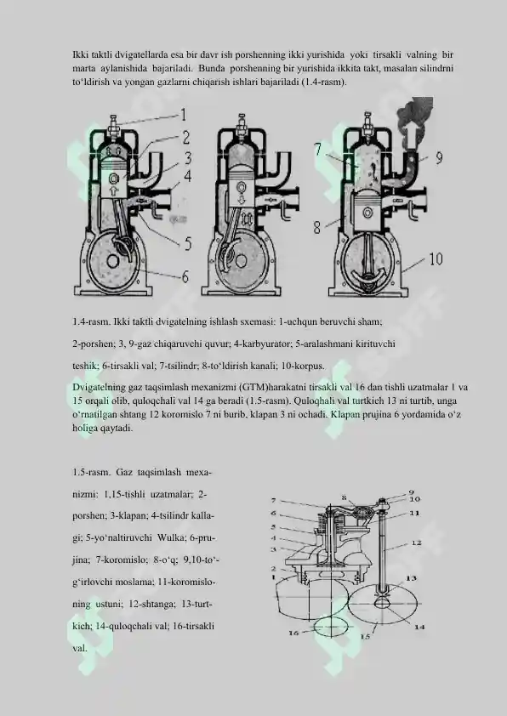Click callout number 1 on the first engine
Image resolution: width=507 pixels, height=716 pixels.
[x=183, y=115]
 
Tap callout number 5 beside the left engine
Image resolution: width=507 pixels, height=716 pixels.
[x=188, y=243]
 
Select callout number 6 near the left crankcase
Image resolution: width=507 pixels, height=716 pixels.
[x=185, y=276]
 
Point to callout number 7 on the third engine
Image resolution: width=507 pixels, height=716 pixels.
[x=318, y=150]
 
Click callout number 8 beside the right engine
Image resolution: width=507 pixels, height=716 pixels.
[x=317, y=227]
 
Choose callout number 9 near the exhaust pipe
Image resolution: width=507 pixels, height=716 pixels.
[x=439, y=158]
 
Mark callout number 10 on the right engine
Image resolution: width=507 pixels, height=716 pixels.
[x=436, y=259]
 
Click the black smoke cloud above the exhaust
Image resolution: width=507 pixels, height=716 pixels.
[x=415, y=111]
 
